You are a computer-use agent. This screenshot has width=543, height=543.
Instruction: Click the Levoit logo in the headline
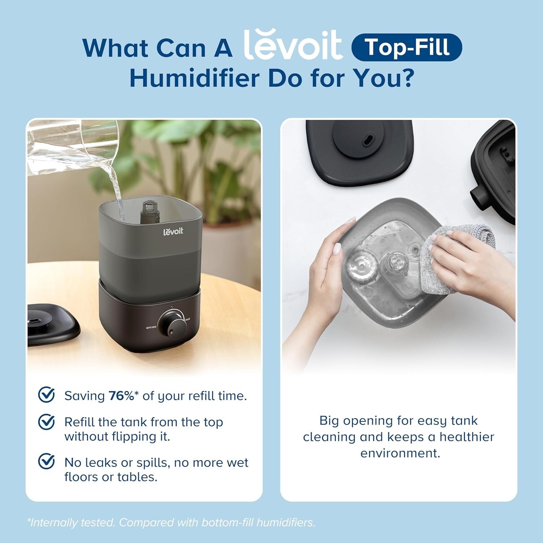(x=292, y=45)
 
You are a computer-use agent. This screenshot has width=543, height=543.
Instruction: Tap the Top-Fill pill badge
(x=407, y=47)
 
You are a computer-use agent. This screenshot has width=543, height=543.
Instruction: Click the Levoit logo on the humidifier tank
(x=173, y=231)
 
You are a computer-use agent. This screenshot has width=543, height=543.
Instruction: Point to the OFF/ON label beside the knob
(x=151, y=328)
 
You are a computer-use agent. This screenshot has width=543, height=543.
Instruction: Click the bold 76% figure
(x=121, y=396)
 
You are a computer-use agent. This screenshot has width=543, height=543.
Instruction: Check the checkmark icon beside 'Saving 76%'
(x=46, y=395)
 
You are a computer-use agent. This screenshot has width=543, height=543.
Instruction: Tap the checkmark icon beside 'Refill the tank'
(x=46, y=422)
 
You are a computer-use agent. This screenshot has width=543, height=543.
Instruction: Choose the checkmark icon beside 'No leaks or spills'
(x=46, y=462)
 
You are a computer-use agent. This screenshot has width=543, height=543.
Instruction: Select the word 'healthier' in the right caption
(x=467, y=437)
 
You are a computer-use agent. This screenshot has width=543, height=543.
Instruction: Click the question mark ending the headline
(x=408, y=78)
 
